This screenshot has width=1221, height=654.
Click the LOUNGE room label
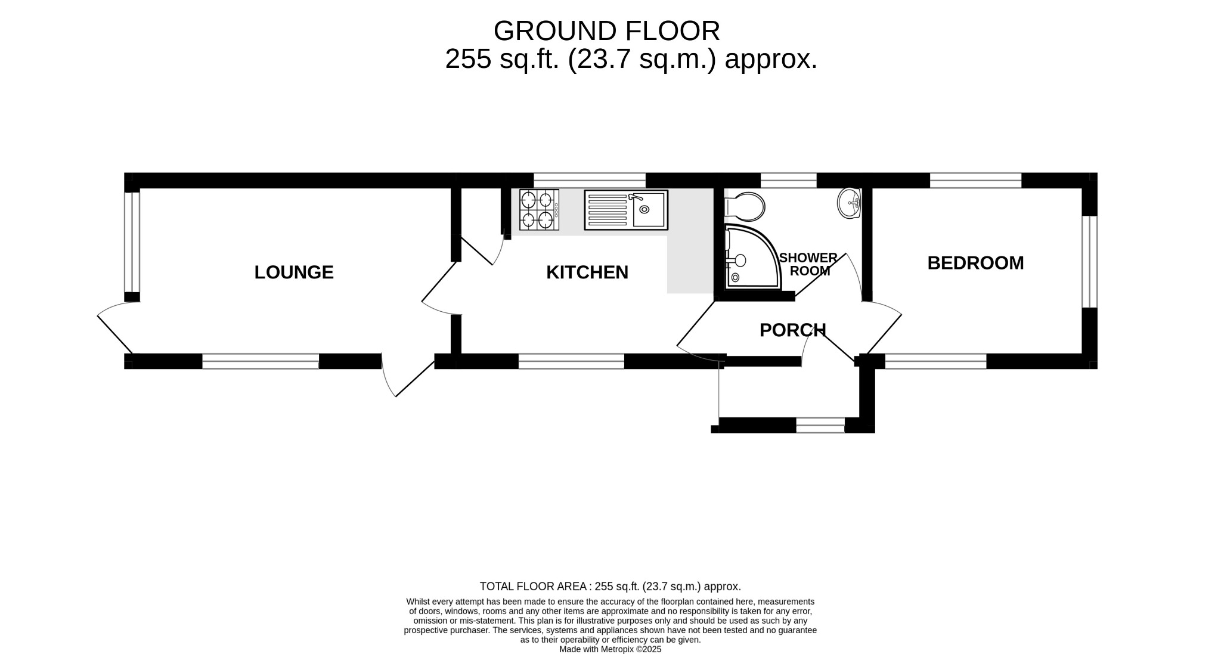pos(294,272)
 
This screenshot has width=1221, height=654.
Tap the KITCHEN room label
pos(587,272)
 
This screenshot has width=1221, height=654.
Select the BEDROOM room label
pos(975,263)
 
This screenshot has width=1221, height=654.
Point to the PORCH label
pos(792,330)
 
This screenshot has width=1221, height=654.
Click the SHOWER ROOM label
pos(808,264)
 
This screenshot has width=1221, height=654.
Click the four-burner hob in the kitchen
pos(539,210)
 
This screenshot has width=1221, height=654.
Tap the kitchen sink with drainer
pos(626,210)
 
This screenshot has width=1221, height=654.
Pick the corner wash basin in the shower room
pos(849,203)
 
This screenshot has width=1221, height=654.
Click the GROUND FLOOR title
pos(606,31)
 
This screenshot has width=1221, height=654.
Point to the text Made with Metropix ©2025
pos(610,649)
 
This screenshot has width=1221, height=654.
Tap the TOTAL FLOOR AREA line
pos(610,587)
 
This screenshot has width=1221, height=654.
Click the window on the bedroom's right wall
pos(1089,261)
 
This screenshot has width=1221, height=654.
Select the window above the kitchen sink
pos(589,180)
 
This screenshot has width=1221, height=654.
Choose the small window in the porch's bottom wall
pos(820,425)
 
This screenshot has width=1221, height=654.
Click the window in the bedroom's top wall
pos(975,180)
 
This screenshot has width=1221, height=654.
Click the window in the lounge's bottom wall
pos(261,361)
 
